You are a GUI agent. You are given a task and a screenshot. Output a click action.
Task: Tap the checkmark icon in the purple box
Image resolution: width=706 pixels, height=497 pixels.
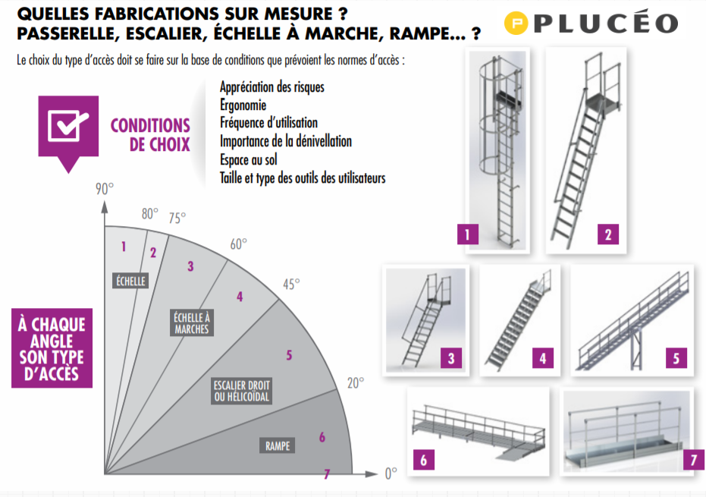tap(68, 126)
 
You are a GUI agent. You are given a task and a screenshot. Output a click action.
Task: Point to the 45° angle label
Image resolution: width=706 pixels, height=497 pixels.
tap(290, 283)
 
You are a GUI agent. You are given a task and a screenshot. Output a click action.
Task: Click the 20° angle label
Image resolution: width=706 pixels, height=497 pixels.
tap(355, 382)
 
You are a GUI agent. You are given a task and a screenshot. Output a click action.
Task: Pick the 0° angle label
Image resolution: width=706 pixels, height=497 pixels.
tap(389, 473)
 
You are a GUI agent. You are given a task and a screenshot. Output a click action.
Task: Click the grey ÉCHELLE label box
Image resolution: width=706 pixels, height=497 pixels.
tap(130, 281)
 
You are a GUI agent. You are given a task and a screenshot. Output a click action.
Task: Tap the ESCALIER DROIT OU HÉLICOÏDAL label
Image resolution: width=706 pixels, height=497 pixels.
tap(241, 391)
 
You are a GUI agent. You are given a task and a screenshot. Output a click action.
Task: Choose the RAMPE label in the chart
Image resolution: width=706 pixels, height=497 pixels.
tap(278, 446)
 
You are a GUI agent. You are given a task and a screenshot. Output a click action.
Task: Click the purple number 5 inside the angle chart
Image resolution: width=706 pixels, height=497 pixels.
tap(289, 355)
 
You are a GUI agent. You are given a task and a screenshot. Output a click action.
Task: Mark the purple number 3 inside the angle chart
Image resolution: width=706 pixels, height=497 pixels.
tap(190, 266)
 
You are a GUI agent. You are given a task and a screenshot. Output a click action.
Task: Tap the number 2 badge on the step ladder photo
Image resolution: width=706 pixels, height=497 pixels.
tap(607, 234)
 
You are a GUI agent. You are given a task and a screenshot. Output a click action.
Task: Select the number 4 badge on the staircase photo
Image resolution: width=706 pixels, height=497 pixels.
tap(542, 358)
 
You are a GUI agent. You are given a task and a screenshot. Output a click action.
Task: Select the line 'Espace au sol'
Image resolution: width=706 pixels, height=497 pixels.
tap(249, 160)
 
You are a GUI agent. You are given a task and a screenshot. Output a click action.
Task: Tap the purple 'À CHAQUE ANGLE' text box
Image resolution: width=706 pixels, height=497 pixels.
tap(52, 348)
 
